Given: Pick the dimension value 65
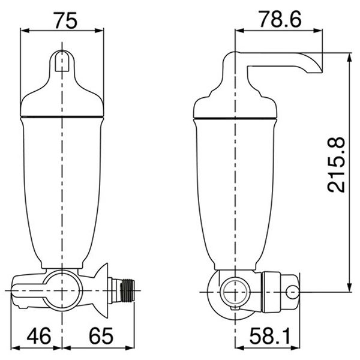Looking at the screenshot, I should (x=99, y=334).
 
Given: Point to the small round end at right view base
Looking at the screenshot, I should (x=293, y=291).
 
